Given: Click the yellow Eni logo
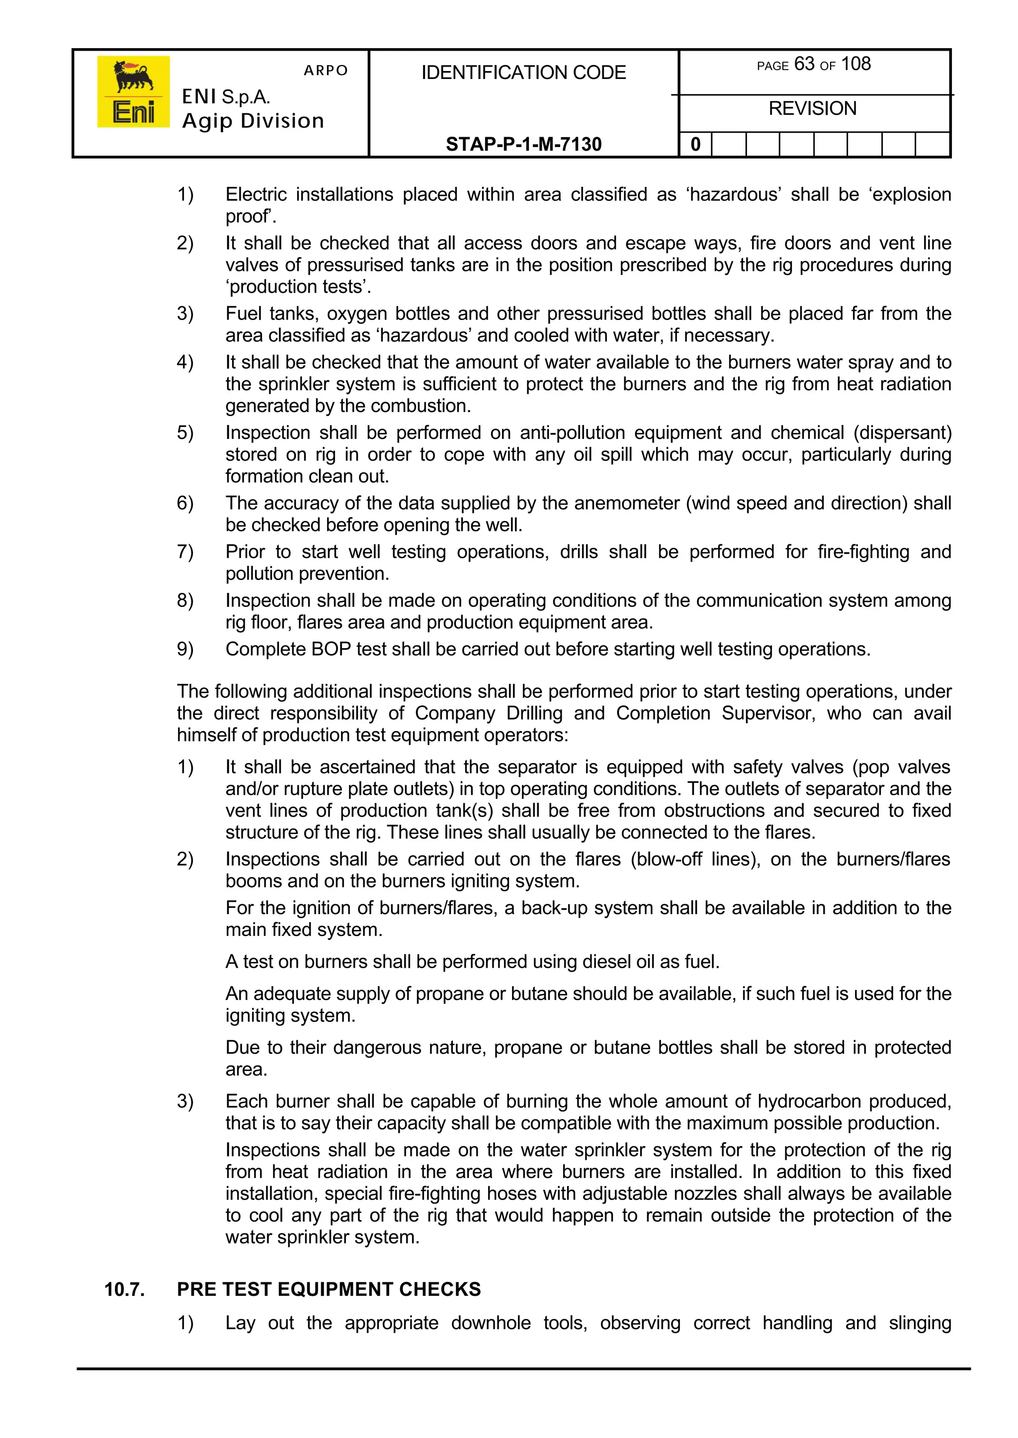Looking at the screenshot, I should pyautogui.click(x=133, y=91).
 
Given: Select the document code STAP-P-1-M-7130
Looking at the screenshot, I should pyautogui.click(x=523, y=144).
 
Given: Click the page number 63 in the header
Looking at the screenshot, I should pyautogui.click(x=804, y=64).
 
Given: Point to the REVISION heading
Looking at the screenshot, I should pyautogui.click(x=812, y=108).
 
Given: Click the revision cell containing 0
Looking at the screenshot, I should pyautogui.click(x=695, y=145).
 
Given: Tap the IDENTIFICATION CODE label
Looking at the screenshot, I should pyautogui.click(x=523, y=73).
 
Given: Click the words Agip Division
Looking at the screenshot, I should pyautogui.click(x=253, y=121).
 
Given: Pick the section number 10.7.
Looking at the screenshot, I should pyautogui.click(x=124, y=1289).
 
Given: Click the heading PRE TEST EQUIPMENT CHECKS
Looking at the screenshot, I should pyautogui.click(x=329, y=1289).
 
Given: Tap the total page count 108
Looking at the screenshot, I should pyautogui.click(x=855, y=64).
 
